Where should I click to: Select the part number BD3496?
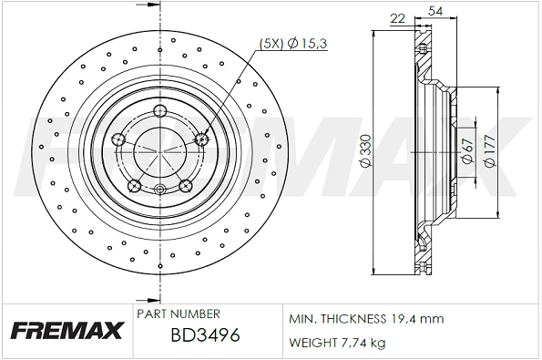point(205,334)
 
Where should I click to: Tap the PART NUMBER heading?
point(177,314)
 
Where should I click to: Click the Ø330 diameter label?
point(363,151)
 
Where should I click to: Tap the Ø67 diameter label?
point(465,151)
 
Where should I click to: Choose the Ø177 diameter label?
point(489,151)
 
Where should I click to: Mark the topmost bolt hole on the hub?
point(160,112)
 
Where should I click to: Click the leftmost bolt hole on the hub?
point(118,139)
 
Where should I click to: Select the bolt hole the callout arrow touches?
point(202,139)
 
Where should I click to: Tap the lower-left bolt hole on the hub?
point(135,186)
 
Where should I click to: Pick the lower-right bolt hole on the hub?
point(186,186)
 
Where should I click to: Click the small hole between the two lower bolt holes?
point(160,190)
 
